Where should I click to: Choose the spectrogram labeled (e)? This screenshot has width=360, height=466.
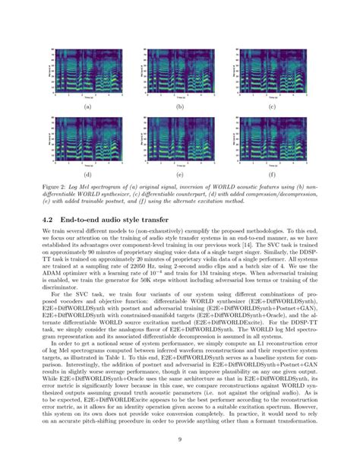point(179,138)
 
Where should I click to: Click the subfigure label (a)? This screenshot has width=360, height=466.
point(87,107)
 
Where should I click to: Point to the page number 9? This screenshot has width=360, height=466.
point(179,438)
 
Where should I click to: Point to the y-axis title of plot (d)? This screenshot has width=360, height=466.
point(50,138)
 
